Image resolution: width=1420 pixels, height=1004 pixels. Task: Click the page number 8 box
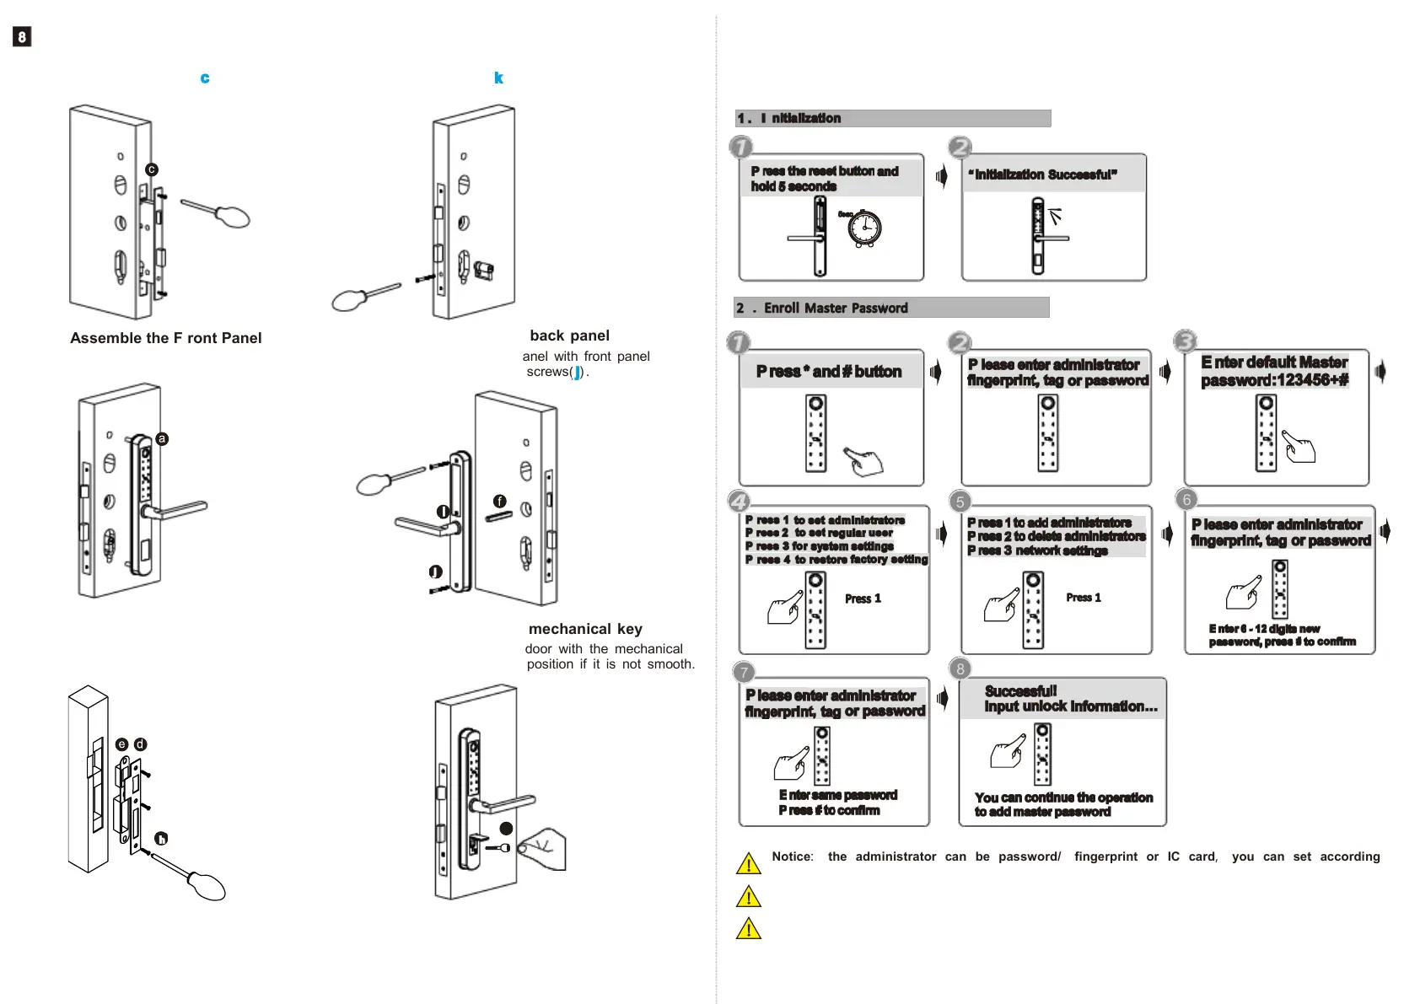(22, 36)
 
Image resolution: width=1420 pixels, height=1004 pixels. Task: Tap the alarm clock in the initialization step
(863, 228)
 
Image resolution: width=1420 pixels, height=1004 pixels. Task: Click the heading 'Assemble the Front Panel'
(165, 338)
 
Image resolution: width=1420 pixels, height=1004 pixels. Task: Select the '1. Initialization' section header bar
(893, 118)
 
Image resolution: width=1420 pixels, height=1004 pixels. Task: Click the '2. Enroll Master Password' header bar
(891, 308)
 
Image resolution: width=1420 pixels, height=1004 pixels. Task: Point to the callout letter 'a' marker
(162, 438)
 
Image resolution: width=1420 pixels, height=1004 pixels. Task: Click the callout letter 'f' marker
(500, 502)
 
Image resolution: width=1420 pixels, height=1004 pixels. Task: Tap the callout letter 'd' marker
(141, 744)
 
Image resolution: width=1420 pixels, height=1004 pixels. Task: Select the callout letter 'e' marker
(122, 744)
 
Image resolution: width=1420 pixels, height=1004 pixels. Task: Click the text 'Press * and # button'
(829, 372)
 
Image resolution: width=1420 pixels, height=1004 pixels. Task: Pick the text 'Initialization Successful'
(1043, 174)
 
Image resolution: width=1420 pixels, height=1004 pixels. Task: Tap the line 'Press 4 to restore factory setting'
(836, 560)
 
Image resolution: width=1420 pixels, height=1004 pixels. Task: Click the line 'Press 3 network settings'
(1037, 550)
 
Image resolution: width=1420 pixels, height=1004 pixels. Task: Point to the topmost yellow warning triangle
(749, 864)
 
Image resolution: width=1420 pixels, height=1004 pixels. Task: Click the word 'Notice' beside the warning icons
(792, 856)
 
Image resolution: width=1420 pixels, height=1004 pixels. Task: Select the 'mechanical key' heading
(585, 629)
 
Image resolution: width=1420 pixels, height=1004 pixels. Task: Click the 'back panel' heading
(569, 336)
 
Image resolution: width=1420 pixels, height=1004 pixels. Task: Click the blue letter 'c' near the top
(205, 78)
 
